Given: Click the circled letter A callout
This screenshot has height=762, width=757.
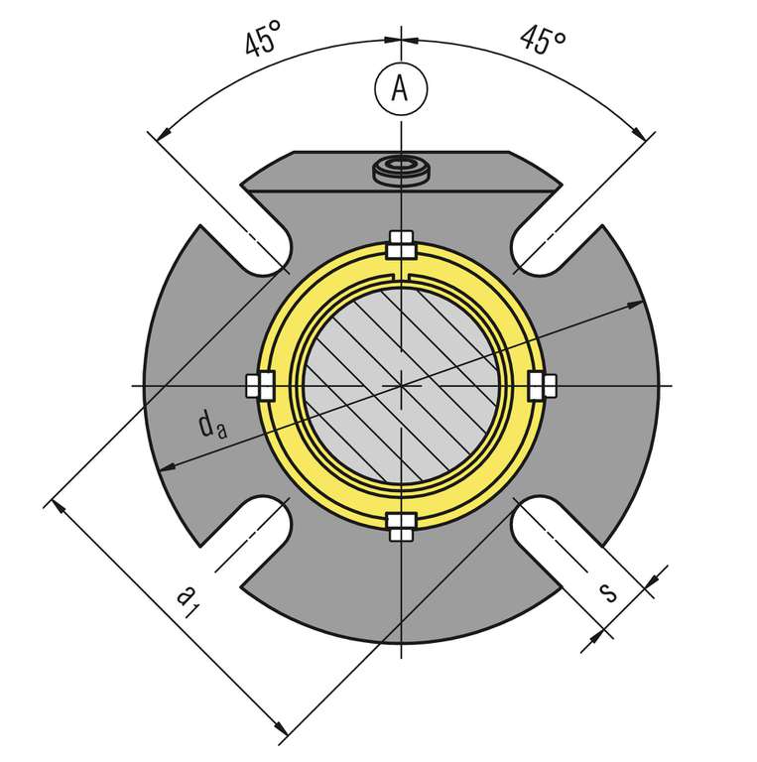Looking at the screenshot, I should point(400,88).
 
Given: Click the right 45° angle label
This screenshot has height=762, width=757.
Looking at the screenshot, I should point(542,40).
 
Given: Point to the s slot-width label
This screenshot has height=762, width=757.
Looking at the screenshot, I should point(608,591).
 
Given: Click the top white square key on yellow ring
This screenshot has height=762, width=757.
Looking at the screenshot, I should point(401,244).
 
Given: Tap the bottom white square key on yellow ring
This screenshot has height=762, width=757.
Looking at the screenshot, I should point(401,527).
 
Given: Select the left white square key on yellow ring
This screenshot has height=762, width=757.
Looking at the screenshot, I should point(259,386).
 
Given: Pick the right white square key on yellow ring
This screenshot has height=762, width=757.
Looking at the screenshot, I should point(542,386).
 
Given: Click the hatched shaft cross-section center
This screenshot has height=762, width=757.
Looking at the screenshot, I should point(401,385).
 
